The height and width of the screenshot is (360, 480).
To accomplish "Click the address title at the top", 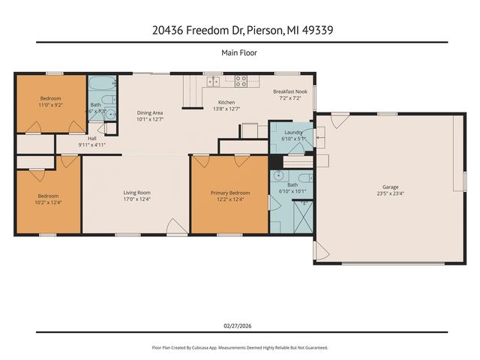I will pos(240,31).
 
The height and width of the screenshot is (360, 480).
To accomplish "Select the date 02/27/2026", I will pos(240,325).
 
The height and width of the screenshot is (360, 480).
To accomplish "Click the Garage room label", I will pos(390,187).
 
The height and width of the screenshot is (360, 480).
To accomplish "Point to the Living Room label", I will pos(137,193).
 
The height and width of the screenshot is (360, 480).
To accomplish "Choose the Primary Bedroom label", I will pos(229,193).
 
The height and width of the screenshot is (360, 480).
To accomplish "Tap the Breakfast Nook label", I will pos(289,91).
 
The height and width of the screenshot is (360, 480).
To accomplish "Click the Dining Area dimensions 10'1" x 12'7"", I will pos(150,119).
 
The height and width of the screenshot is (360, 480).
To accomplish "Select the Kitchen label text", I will pos(226,102).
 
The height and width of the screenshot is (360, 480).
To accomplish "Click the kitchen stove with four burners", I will pos(242,81).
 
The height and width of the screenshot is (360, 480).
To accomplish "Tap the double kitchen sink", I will pos(212,81).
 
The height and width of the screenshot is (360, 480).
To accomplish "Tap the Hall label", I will pos(91,138).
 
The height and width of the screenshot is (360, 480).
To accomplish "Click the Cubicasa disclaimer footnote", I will pos(240,348).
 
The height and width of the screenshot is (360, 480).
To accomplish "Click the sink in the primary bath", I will pos(278,177).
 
